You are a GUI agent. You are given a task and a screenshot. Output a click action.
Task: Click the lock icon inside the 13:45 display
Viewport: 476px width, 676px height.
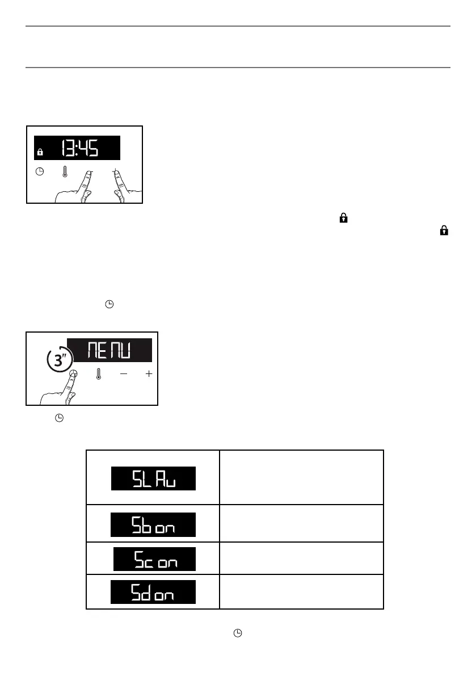40,152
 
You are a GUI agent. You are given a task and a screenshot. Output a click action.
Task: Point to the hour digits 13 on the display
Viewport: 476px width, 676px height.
68,149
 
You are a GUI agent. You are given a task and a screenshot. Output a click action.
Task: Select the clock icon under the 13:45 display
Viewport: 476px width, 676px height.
40,172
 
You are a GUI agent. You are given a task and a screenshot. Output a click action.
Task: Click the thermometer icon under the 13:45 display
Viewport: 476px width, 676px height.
65,171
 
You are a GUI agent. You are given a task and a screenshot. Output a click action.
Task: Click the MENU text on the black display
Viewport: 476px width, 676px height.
109,350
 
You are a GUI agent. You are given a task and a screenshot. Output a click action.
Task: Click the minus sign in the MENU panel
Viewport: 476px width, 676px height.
124,375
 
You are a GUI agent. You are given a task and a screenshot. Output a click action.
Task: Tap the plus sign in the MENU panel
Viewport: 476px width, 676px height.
149,375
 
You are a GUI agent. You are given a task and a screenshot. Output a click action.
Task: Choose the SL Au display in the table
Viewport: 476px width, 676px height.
153,478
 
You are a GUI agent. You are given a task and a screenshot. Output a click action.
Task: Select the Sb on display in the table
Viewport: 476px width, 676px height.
153,524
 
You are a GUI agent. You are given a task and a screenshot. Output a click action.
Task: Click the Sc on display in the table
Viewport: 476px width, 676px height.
155,559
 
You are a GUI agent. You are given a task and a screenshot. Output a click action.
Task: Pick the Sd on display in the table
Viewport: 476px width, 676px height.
153,592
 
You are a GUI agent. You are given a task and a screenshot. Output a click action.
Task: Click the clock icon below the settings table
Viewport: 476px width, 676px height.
239,632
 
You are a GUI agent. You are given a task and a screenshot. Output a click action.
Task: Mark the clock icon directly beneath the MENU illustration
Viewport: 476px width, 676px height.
58,418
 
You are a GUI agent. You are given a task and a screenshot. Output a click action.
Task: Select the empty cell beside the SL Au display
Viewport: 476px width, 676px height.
301,477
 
